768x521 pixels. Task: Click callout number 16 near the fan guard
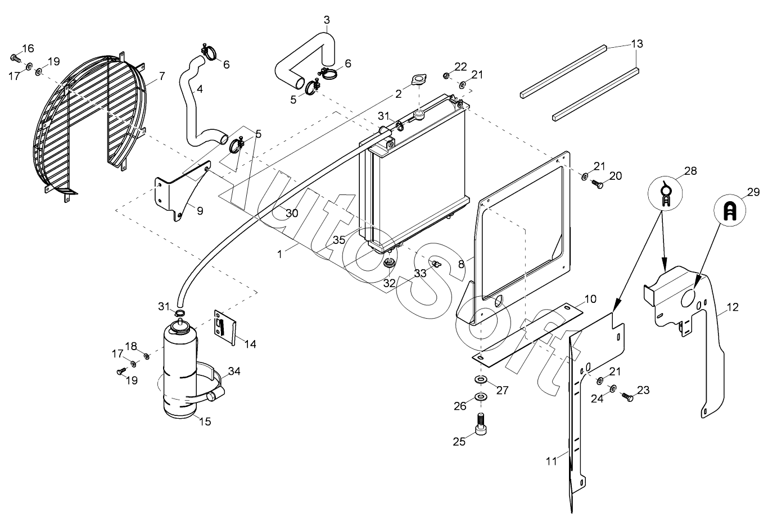[28, 48]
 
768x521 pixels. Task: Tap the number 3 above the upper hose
[327, 20]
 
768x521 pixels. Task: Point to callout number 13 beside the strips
[636, 44]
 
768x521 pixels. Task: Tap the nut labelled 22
[446, 75]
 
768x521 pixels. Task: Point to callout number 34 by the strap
[234, 371]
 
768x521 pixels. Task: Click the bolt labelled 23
[629, 397]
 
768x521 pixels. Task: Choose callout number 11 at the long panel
[551, 461]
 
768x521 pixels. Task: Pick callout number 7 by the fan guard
[162, 75]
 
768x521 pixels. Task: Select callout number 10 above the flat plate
[590, 298]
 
